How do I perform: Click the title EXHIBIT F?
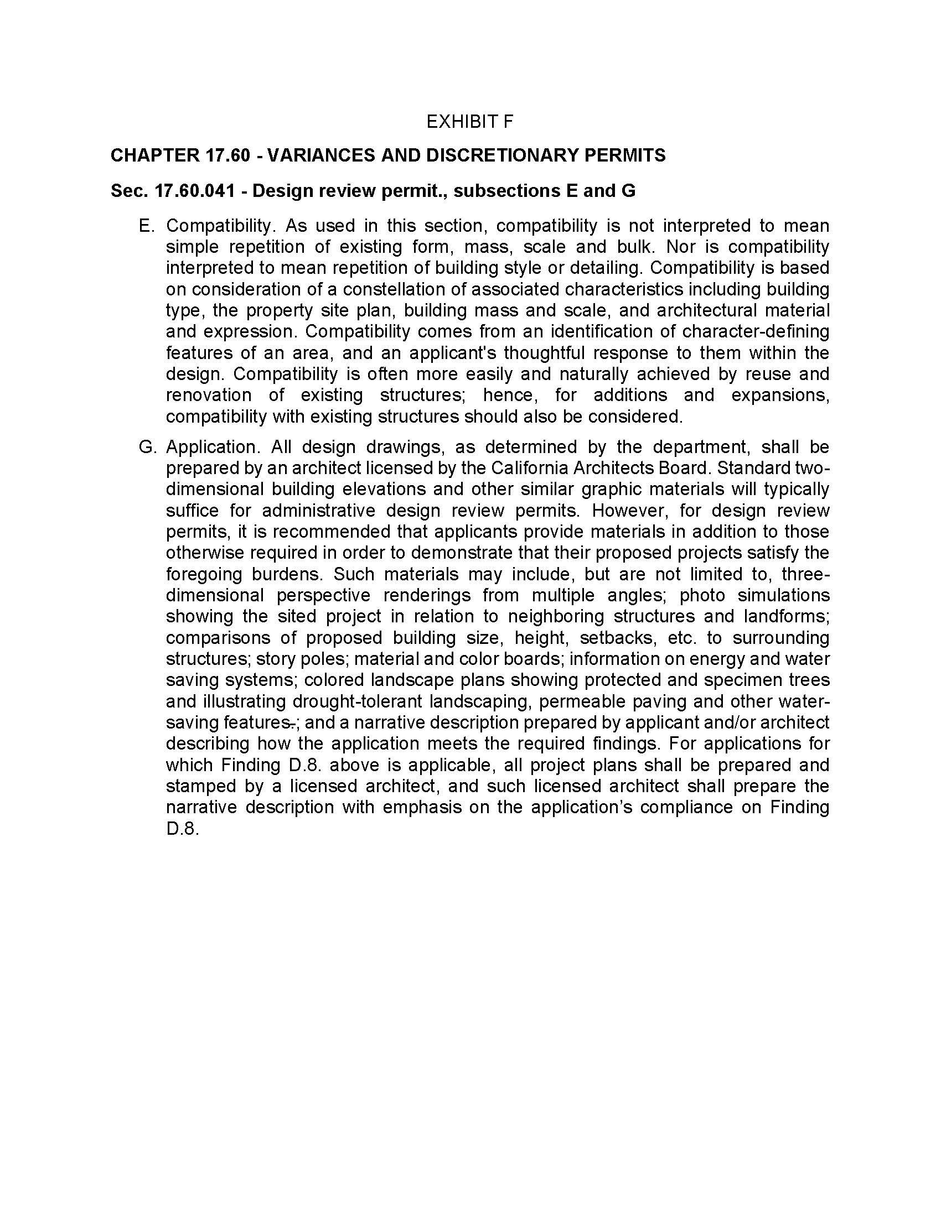[469, 122]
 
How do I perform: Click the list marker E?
[146, 226]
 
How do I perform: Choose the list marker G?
[146, 447]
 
